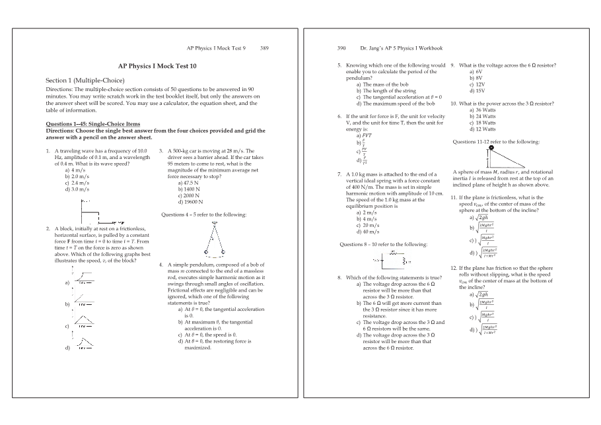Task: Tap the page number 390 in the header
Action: click(x=341, y=48)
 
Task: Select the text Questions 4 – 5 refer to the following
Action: click(x=203, y=214)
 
